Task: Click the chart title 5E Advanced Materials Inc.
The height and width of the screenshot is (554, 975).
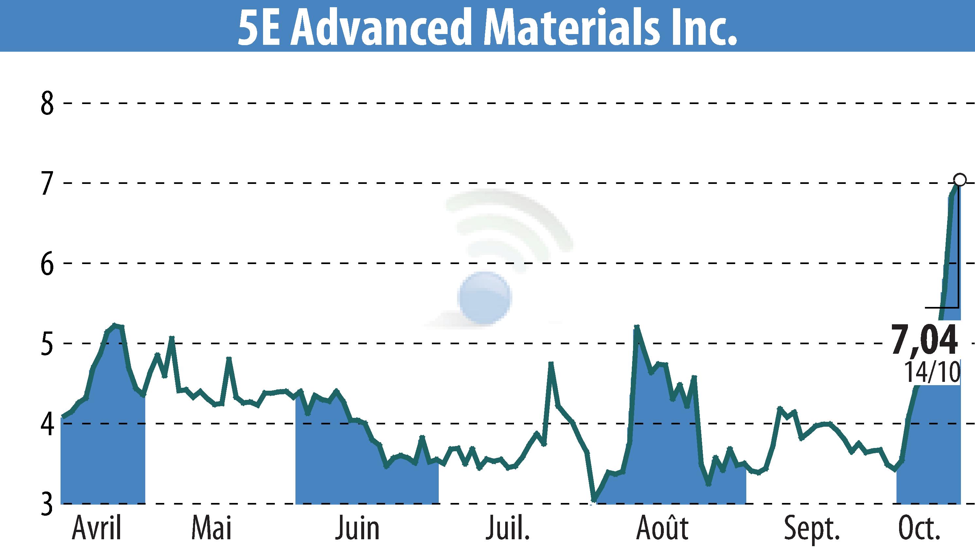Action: click(487, 27)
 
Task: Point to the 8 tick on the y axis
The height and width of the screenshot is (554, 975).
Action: click(47, 103)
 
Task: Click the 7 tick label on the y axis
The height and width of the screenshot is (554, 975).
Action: click(47, 183)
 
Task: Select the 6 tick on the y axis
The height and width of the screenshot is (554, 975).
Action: click(47, 264)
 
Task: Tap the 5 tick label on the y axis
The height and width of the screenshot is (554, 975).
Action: click(47, 344)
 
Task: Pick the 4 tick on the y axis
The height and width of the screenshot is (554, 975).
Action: click(47, 424)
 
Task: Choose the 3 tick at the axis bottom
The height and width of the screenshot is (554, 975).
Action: click(47, 504)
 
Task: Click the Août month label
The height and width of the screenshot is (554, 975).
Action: click(662, 528)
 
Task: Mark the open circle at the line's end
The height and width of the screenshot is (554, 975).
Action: click(959, 180)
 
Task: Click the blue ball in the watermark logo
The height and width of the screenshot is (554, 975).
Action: click(484, 298)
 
